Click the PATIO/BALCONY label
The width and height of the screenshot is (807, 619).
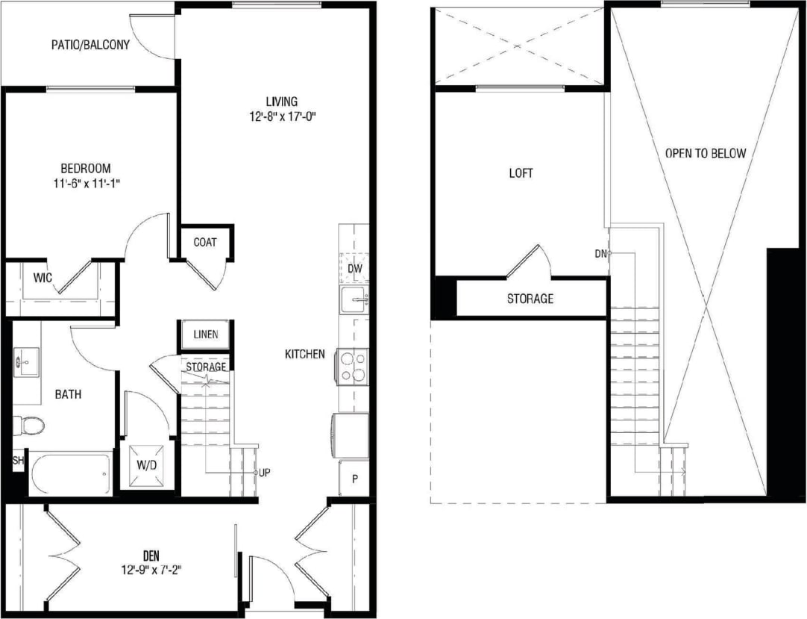click(90, 45)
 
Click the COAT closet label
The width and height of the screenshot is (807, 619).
click(205, 242)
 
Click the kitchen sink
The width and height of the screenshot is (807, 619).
click(354, 301)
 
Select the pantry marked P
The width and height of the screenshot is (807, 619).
click(354, 479)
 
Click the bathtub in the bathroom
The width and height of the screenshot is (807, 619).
click(71, 472)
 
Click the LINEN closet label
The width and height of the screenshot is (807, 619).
click(205, 334)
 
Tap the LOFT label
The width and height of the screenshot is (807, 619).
click(521, 172)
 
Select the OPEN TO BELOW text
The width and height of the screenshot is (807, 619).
click(705, 153)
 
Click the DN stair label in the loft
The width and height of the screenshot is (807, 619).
click(601, 253)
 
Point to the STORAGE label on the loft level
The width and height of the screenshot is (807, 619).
click(530, 299)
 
